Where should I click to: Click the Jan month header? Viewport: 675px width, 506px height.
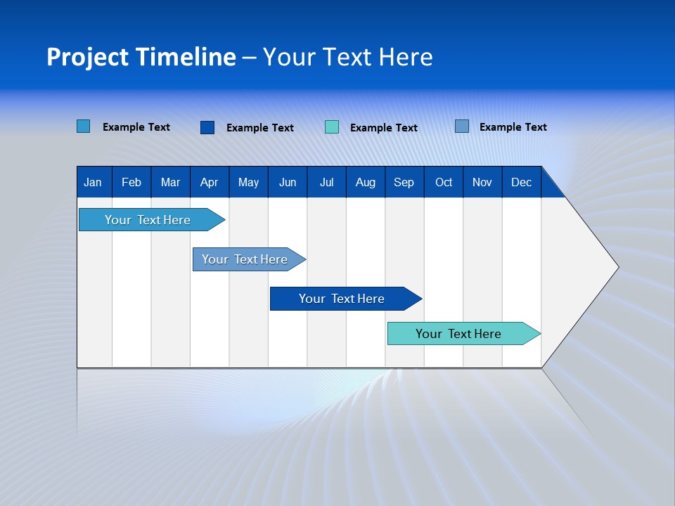click(93, 182)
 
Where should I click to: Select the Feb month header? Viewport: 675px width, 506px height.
click(131, 182)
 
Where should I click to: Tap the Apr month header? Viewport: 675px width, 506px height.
click(209, 182)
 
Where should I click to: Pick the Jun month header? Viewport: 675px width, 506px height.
click(288, 182)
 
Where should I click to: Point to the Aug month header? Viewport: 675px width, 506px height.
click(366, 182)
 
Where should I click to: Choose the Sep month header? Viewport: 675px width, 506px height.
click(404, 182)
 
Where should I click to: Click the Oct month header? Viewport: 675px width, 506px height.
click(444, 182)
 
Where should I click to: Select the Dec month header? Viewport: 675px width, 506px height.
click(522, 182)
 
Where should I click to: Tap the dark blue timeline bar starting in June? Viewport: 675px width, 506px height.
click(342, 299)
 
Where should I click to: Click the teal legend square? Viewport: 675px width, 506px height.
click(332, 127)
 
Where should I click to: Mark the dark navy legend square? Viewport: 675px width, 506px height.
click(207, 127)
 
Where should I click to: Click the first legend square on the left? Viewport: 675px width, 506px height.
click(84, 126)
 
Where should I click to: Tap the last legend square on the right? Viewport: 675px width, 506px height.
click(462, 126)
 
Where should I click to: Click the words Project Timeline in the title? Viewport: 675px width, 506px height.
click(141, 57)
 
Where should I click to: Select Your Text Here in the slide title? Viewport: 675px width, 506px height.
click(347, 57)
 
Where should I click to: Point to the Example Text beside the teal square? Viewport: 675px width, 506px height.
click(384, 128)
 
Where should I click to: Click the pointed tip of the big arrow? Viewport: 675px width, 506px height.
click(617, 267)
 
